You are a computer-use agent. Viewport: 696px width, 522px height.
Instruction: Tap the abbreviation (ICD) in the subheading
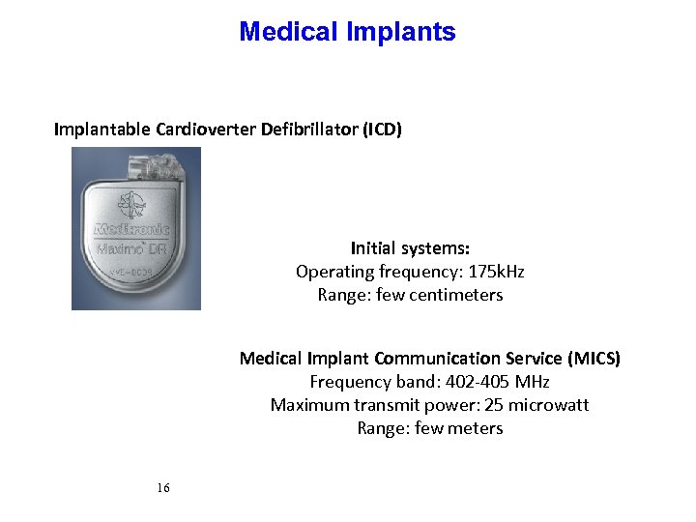tap(382, 130)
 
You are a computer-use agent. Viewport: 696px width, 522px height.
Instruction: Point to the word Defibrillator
tap(309, 130)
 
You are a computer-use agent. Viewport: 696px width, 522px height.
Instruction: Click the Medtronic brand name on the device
tap(132, 230)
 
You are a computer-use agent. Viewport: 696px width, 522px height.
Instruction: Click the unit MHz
tap(530, 382)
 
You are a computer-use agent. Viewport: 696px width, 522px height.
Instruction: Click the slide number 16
tap(162, 488)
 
